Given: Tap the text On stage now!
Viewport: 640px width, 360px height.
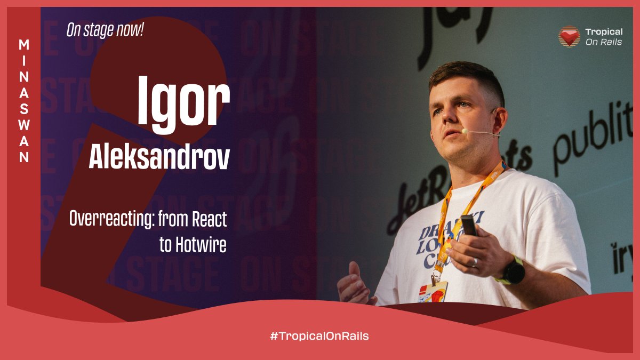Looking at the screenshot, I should pyautogui.click(x=105, y=30).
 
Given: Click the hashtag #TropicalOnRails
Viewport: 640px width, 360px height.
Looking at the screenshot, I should pyautogui.click(x=319, y=336).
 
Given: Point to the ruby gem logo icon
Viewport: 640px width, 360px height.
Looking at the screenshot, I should pyautogui.click(x=569, y=36).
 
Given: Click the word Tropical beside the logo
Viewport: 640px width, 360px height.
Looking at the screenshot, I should pyautogui.click(x=603, y=32).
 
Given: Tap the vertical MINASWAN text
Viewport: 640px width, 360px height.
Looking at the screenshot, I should pyautogui.click(x=24, y=101).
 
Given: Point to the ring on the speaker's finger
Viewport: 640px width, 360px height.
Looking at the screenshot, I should pyautogui.click(x=474, y=262).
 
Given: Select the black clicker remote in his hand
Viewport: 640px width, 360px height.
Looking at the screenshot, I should pyautogui.click(x=469, y=226).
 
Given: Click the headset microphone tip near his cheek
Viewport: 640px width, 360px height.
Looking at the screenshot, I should pyautogui.click(x=465, y=131).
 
